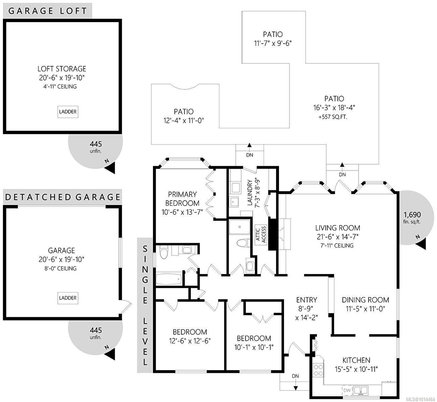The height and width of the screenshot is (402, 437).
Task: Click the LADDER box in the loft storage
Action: coord(68,112)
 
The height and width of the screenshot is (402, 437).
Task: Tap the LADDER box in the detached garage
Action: coord(68,298)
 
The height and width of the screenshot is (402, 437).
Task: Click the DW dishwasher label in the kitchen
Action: coord(347,390)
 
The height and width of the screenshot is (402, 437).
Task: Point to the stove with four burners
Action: coord(318,370)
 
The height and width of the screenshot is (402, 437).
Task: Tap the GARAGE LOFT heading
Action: coord(47,11)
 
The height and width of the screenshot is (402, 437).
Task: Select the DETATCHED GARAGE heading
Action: coord(63,197)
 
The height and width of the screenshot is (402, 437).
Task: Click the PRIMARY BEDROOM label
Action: coord(182,199)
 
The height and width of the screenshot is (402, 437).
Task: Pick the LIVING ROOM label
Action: coord(337,228)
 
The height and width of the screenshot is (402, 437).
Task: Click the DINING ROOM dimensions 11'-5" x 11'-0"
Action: coord(365,309)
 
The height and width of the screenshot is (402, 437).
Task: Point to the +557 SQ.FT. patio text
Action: coord(334,117)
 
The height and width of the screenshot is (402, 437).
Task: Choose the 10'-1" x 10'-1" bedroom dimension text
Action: coord(254,347)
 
